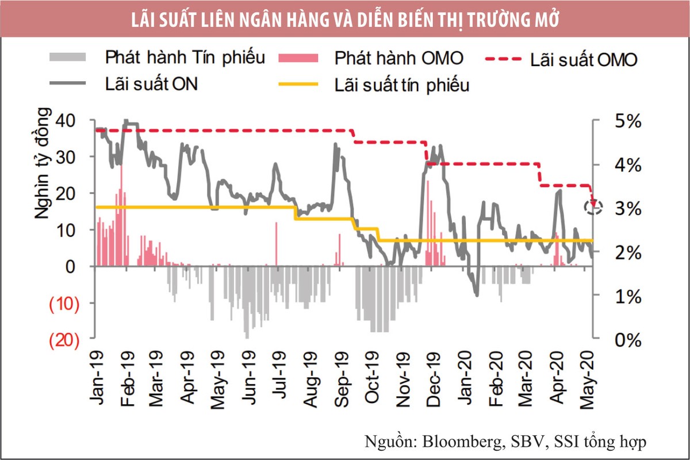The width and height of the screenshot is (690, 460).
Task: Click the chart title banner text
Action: coord(345,19)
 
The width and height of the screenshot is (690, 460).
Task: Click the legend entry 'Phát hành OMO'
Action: coord(398,58)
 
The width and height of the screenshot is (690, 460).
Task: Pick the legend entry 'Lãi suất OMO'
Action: coord(583,60)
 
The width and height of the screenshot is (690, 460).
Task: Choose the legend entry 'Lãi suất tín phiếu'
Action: coord(402,85)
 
